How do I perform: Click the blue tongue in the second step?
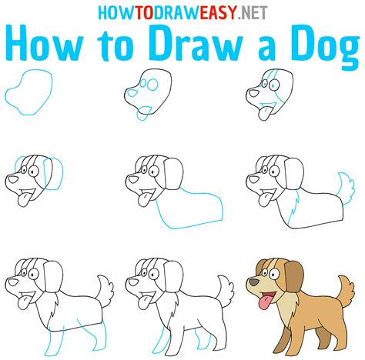(x=140, y=117)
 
